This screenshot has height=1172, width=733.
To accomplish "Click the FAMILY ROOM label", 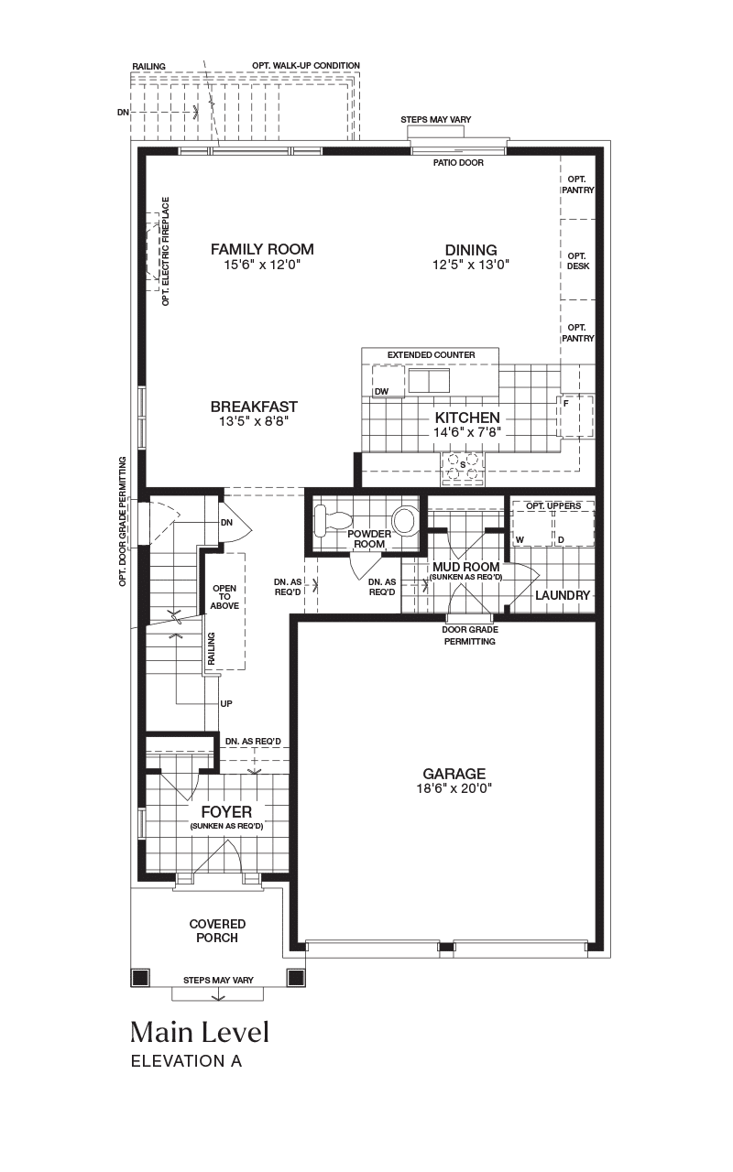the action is (262, 250).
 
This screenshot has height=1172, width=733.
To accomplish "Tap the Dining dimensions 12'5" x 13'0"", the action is (471, 265).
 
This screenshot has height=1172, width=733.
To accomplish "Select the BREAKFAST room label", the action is (254, 407).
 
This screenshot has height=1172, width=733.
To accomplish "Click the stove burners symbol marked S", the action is (462, 468).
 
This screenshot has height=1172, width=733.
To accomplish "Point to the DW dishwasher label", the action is (381, 392).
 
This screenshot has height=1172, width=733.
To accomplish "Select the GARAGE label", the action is (454, 774).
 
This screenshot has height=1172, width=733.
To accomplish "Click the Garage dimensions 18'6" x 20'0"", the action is (454, 788).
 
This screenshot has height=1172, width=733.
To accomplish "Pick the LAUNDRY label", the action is (563, 595).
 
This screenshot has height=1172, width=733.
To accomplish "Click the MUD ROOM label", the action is (466, 567).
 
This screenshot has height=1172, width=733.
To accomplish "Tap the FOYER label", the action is (226, 812).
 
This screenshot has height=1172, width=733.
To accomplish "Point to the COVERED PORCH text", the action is (217, 931).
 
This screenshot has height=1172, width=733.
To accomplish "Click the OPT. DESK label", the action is (577, 261).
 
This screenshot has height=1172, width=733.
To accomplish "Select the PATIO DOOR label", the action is (458, 163).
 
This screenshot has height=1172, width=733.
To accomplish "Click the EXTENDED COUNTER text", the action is (432, 354).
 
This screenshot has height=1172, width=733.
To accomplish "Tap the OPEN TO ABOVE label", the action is (224, 597).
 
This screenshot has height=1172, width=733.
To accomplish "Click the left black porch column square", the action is (139, 977).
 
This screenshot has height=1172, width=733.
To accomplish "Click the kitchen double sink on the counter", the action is (429, 380).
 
